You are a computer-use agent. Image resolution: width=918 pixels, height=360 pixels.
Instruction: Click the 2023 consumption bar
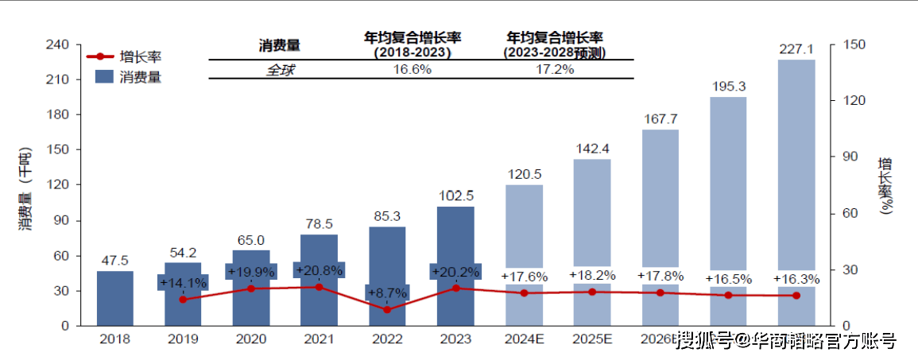[456, 238]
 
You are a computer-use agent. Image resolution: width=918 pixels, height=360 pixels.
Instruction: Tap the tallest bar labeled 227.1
[796, 159]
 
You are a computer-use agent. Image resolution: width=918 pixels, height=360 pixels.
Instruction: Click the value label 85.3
[387, 215]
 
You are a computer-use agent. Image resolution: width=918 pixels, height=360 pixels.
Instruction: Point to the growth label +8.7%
[387, 293]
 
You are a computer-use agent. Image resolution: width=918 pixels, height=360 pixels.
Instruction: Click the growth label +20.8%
[319, 270]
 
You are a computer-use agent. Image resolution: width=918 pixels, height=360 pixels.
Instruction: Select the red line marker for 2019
[183, 300]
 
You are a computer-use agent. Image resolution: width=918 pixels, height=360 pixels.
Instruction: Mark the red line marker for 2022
[387, 309]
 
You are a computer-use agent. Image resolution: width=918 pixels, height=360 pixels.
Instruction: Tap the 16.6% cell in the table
[413, 69]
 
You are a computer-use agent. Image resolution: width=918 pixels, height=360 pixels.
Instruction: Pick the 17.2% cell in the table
[555, 69]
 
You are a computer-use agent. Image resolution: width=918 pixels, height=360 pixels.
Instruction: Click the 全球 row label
[280, 69]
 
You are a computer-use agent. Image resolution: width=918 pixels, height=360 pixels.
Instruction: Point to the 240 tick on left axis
[61, 45]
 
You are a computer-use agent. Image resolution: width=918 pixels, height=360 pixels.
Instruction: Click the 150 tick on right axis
[852, 45]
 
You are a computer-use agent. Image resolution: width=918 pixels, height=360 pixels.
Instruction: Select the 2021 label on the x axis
[319, 339]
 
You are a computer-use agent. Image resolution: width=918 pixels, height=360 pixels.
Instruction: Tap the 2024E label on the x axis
[524, 339]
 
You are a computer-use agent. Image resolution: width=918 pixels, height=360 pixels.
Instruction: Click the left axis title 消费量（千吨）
[25, 189]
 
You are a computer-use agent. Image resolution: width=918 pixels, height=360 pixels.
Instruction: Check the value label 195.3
[728, 86]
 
